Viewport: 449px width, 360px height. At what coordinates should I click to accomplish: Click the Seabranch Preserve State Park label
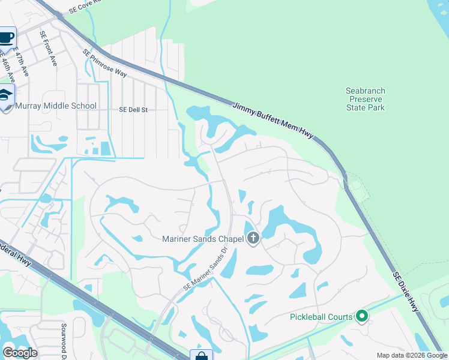tap(365, 99)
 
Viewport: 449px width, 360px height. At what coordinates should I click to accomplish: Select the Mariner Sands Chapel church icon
tap(253, 239)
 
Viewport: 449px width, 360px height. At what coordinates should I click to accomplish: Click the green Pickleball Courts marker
tap(361, 316)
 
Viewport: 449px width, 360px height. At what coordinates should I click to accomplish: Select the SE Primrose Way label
tap(104, 63)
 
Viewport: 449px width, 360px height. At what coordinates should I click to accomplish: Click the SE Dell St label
tap(133, 110)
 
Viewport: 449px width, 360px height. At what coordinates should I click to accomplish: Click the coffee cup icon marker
tap(7, 38)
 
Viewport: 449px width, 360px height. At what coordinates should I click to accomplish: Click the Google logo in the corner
tap(20, 352)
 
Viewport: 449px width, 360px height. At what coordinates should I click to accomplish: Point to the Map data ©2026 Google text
tap(412, 355)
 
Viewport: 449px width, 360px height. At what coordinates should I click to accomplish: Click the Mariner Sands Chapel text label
tap(203, 239)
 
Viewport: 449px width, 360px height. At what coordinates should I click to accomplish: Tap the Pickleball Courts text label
tap(320, 316)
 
